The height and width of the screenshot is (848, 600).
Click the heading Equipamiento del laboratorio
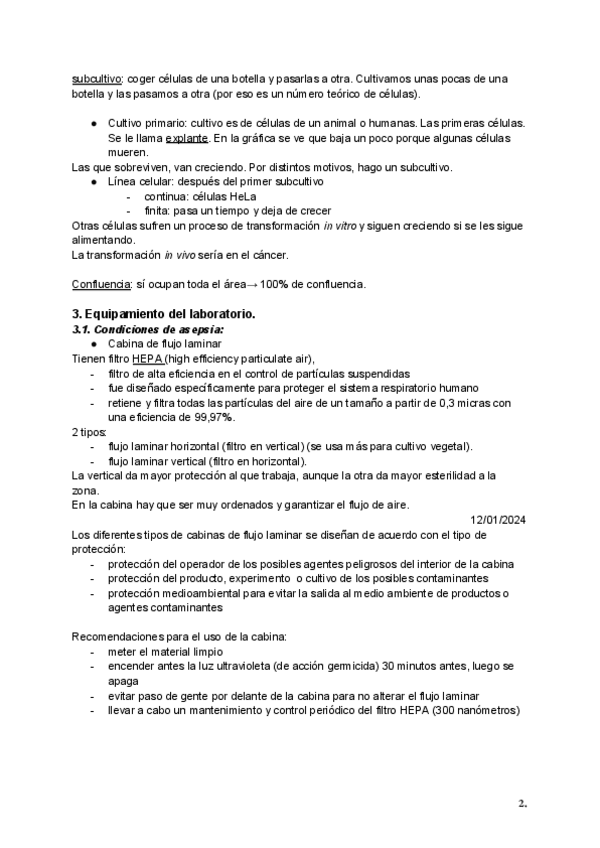(164, 314)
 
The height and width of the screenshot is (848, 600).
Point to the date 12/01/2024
(498, 519)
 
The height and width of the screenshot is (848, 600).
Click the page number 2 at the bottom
(521, 803)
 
